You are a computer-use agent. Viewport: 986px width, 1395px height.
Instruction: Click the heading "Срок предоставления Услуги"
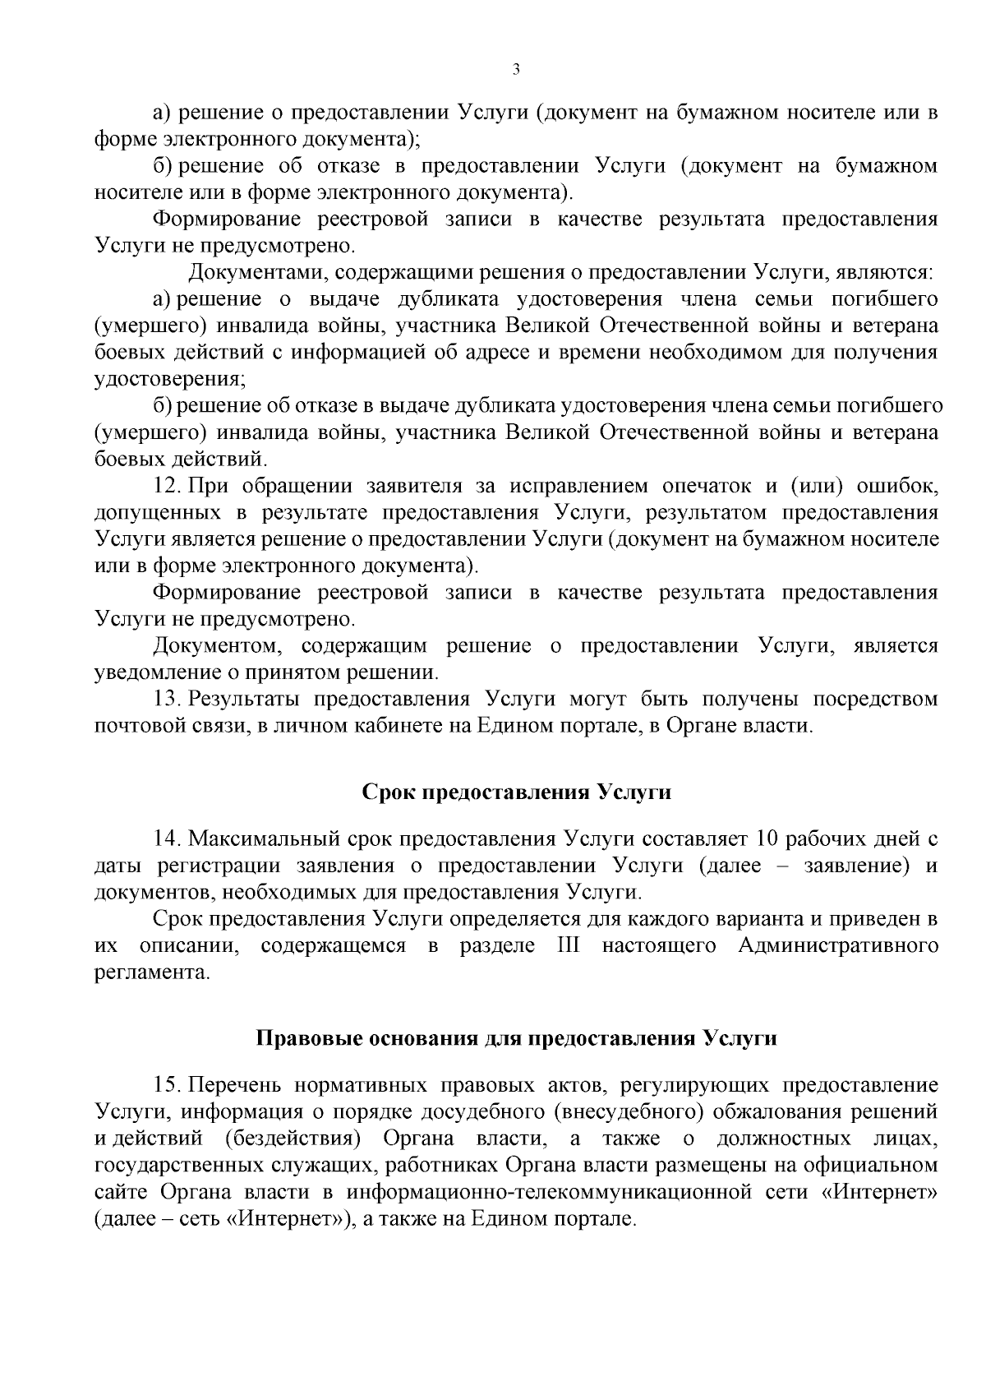[x=516, y=792]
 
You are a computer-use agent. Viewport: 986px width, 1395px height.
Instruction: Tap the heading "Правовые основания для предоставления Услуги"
[x=516, y=1038]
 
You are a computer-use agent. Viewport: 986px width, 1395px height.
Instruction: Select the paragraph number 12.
[x=166, y=486]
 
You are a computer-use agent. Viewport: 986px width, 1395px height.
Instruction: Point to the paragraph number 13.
[x=166, y=700]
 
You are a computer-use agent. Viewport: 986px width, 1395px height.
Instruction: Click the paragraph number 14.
[x=167, y=839]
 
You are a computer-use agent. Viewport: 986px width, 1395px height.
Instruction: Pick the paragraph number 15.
[x=167, y=1085]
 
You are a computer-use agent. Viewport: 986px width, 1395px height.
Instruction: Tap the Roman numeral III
[x=568, y=945]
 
